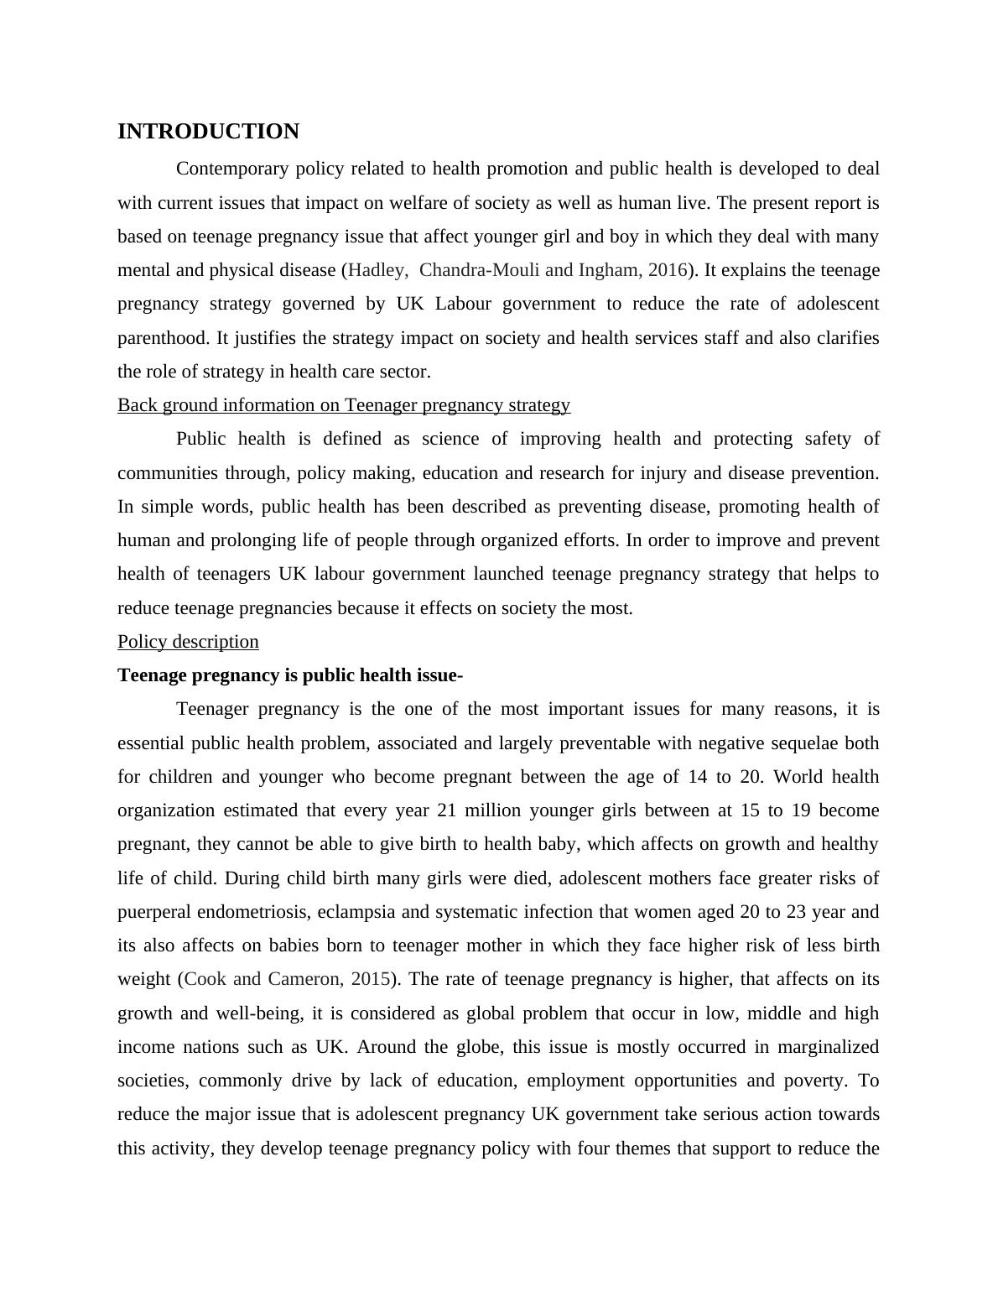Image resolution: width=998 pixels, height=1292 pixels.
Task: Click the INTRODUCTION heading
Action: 208,132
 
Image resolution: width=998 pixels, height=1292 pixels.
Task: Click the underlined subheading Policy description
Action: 188,642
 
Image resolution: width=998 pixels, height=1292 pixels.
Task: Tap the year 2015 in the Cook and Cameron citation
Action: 373,979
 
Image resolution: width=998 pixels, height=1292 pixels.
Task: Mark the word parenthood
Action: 163,338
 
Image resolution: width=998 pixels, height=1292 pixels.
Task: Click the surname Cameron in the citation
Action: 311,979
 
